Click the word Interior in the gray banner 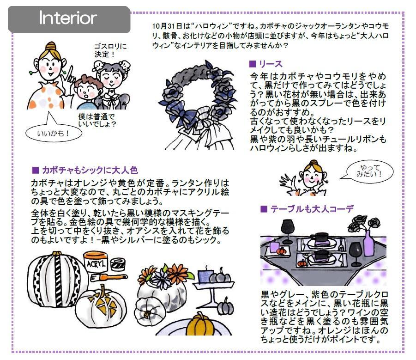coord(68,18)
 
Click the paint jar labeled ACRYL coord(96,263)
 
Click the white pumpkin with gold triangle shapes coord(102,305)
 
